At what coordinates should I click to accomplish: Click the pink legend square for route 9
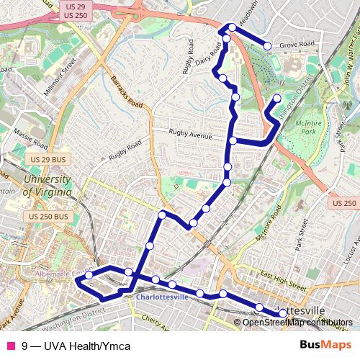point(11,346)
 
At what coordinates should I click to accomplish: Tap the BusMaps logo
point(325,346)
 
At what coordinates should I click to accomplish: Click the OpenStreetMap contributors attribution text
point(297,322)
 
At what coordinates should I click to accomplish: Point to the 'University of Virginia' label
point(47,186)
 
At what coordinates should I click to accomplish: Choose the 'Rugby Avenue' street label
point(190,134)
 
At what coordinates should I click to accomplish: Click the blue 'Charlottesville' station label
point(162,296)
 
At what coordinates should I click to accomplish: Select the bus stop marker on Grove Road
point(267,46)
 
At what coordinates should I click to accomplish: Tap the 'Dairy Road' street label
point(207,56)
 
